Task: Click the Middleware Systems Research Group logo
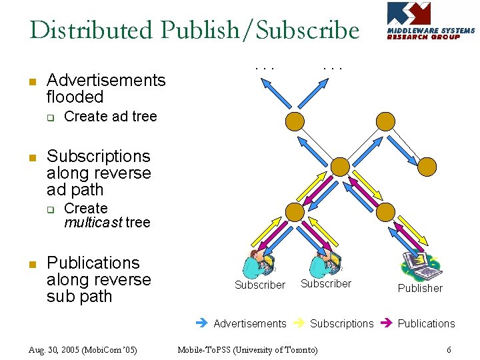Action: pyautogui.click(x=431, y=21)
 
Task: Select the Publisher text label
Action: pyautogui.click(x=420, y=288)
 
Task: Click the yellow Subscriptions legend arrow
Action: pyautogui.click(x=300, y=323)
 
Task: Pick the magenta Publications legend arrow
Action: pyautogui.click(x=387, y=323)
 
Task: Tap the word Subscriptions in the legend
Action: pyautogui.click(x=342, y=323)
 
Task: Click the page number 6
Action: pyautogui.click(x=449, y=349)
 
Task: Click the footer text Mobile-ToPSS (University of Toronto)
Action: pyautogui.click(x=247, y=349)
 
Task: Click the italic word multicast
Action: pyautogui.click(x=93, y=222)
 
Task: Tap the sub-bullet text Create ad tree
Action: pyautogui.click(x=110, y=117)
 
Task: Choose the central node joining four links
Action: pyautogui.click(x=340, y=166)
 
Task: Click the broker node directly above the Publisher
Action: pyautogui.click(x=386, y=212)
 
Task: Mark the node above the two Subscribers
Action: pyautogui.click(x=294, y=212)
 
